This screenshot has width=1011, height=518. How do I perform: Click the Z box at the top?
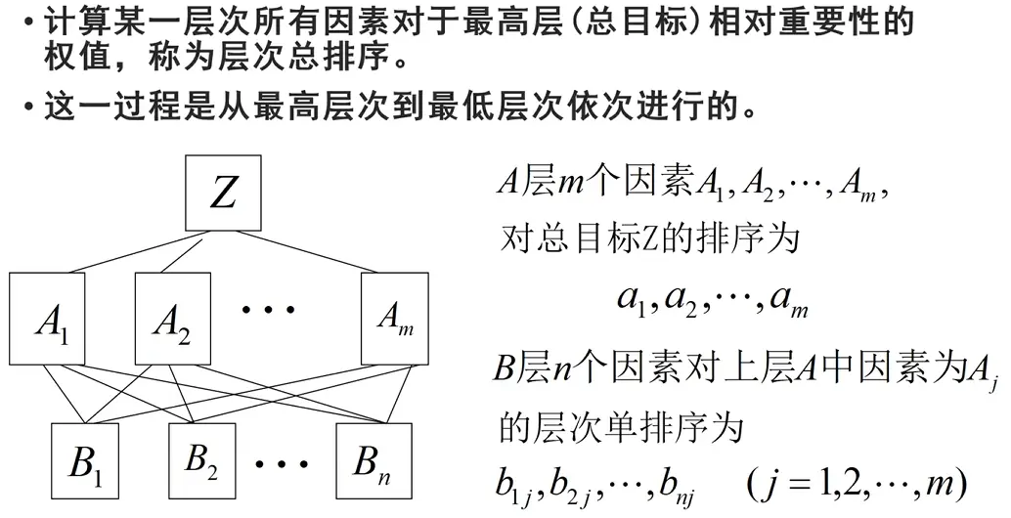224,193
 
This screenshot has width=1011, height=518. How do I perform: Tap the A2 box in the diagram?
172,320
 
